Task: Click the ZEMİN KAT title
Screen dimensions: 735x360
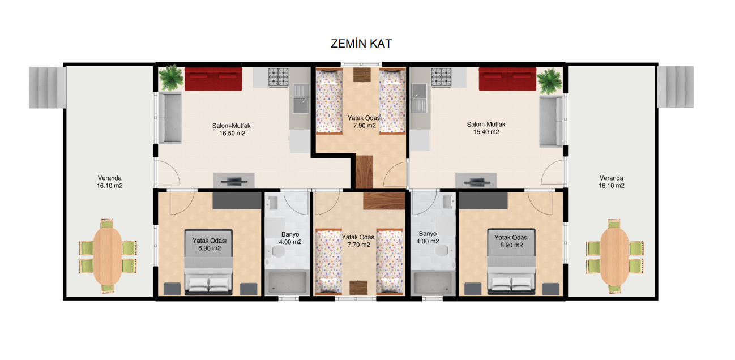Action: click(361, 44)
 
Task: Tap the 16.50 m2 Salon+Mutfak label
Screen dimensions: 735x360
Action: click(232, 130)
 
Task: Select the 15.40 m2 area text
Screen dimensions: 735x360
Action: click(486, 132)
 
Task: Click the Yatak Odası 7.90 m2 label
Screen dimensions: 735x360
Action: click(364, 122)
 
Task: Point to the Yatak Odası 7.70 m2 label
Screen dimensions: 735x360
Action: click(358, 241)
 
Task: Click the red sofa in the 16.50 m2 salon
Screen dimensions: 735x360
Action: click(213, 79)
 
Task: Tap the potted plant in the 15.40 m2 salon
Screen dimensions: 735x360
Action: click(550, 80)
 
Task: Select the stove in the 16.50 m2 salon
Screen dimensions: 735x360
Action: click(278, 77)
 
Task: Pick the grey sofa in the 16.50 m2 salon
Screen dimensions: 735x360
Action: click(170, 118)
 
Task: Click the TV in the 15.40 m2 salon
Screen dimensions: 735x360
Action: click(476, 181)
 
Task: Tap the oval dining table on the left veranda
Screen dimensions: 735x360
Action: click(108, 256)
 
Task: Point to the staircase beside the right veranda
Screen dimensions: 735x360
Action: click(676, 87)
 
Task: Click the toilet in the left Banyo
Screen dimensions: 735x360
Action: click(277, 252)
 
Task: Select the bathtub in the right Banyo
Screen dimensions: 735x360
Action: click(434, 282)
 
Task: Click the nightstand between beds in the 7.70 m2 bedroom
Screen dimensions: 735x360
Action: click(358, 288)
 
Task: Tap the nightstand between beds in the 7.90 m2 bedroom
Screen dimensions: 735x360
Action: click(362, 74)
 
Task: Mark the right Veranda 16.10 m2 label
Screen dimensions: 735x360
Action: click(612, 182)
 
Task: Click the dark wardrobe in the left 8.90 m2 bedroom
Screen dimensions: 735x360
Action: click(237, 200)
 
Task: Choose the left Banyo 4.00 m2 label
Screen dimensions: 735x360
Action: click(290, 238)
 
